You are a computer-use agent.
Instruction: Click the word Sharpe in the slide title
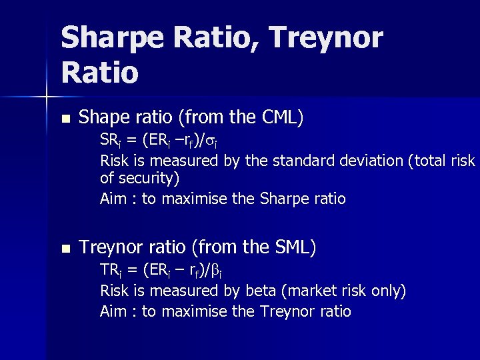click(108, 38)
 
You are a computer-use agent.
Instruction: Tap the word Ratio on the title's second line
click(99, 72)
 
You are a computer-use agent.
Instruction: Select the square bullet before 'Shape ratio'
click(65, 119)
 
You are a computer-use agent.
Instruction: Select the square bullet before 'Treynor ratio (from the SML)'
click(65, 249)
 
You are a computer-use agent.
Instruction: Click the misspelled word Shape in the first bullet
click(100, 118)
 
